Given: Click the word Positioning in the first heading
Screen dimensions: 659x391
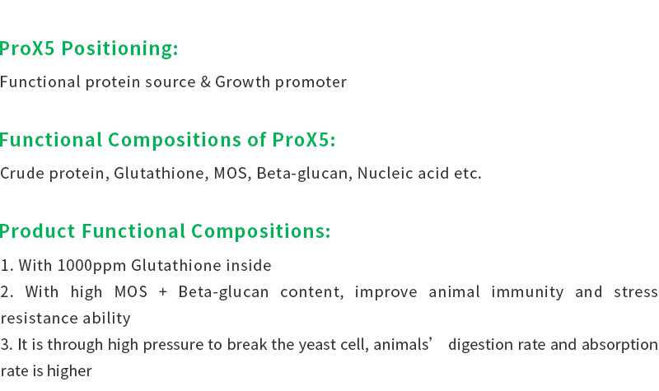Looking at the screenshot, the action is (x=119, y=49).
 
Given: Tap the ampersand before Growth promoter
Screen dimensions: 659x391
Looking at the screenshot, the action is (x=205, y=81).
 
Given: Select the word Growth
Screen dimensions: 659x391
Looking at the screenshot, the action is (x=242, y=81).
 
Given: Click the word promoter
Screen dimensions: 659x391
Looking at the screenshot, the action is (x=311, y=82).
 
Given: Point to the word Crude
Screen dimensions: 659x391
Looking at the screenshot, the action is (x=22, y=173).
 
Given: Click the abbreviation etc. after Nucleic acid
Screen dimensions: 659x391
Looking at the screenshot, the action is (x=467, y=174).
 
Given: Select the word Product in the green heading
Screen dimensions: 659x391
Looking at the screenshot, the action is (x=38, y=231).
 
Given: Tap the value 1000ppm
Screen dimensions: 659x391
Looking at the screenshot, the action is (x=91, y=266).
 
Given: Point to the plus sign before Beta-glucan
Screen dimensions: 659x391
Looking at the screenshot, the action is (x=163, y=292).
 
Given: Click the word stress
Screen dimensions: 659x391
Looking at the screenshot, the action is (x=635, y=292).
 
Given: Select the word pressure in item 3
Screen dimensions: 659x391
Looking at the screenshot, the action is (x=173, y=345).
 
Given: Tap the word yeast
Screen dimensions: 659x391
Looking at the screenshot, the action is (x=313, y=345).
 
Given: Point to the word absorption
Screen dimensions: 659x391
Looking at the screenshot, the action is (x=619, y=345).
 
